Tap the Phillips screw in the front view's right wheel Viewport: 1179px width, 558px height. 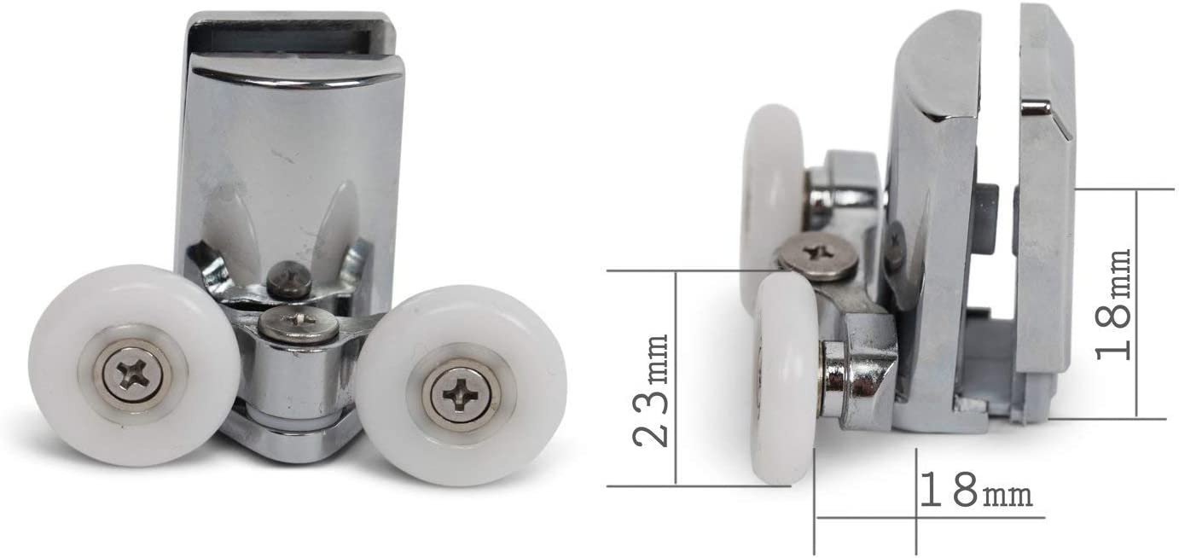point(461,394)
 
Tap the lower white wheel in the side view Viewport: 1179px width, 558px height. point(783,375)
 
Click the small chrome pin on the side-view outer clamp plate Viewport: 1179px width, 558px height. point(1036,107)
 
